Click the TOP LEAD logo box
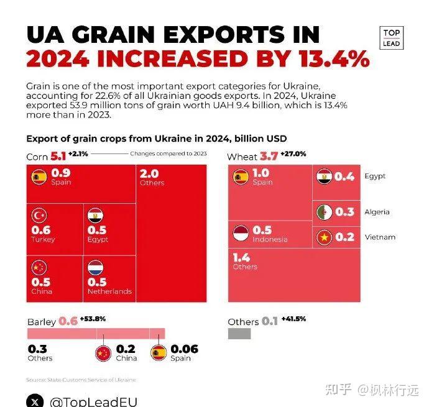[392, 38]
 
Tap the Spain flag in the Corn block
[39, 177]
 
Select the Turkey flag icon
[39, 216]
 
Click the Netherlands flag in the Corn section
[96, 268]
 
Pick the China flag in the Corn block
[39, 268]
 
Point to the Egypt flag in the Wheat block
[325, 176]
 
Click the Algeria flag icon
[325, 212]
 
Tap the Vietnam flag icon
[325, 237]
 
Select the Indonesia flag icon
[241, 234]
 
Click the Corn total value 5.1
[58, 156]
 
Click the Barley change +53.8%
[93, 319]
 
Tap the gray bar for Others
[239, 334]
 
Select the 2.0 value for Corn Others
[150, 174]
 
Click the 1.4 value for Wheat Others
[242, 257]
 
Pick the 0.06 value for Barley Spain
[184, 349]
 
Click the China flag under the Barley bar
[103, 353]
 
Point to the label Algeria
[377, 212]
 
